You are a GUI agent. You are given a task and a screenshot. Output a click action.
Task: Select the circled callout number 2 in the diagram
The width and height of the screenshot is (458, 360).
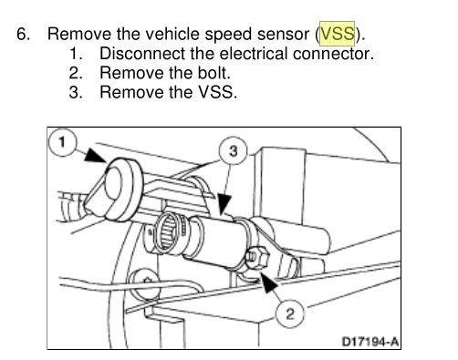click(x=290, y=315)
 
